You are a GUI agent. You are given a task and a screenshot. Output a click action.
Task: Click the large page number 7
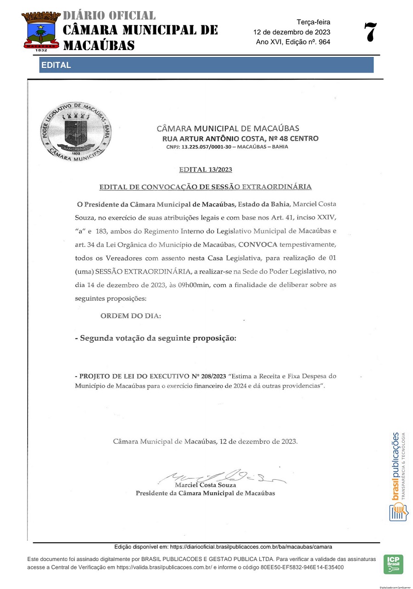coord(370,33)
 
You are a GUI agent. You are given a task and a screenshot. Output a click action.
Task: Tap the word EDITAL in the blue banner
coord(56,65)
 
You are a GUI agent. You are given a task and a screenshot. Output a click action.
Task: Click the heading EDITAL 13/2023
coord(205,170)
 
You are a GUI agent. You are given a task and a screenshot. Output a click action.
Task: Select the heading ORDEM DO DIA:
coord(131,316)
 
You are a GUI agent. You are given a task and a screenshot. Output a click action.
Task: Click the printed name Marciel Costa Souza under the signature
coord(205,485)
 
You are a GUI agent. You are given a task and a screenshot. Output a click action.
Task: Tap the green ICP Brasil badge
coord(393,564)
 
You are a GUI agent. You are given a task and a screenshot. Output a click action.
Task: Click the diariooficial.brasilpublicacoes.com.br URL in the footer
coord(251,547)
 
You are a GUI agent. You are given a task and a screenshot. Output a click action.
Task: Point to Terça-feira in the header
coord(313,22)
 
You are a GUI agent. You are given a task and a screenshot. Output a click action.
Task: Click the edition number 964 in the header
coord(324,42)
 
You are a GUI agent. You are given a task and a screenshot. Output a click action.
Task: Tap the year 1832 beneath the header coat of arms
coord(41,50)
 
